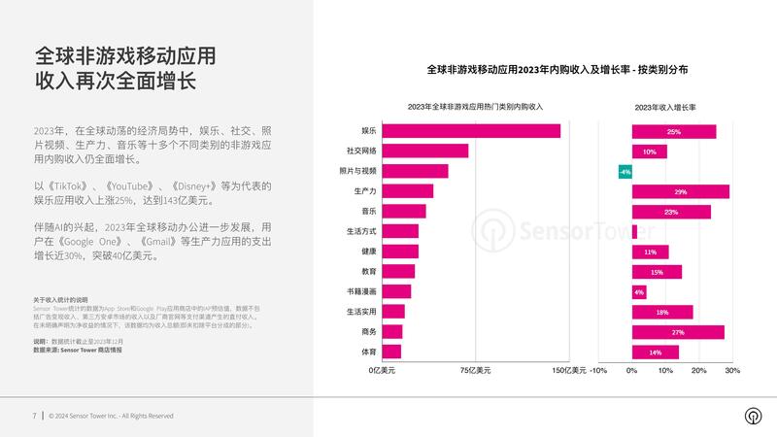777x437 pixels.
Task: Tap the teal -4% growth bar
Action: (x=625, y=172)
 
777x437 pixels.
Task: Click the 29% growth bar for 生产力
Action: (x=680, y=191)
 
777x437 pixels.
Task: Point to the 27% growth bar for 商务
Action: (x=677, y=332)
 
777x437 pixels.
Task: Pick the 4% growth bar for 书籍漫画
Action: (x=638, y=291)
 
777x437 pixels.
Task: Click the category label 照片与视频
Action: (x=357, y=171)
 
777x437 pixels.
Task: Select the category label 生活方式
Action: (x=361, y=231)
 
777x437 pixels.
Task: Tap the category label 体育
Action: (x=368, y=352)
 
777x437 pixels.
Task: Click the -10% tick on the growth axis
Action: (x=598, y=370)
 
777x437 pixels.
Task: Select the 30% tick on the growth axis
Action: (x=732, y=370)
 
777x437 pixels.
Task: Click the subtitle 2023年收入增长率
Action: (x=669, y=106)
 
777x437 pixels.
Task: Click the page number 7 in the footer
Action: (x=34, y=416)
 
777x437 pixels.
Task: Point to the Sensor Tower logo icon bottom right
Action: (x=752, y=416)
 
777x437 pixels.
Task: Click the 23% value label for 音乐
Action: (x=671, y=212)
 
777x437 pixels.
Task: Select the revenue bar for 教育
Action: (x=398, y=272)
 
